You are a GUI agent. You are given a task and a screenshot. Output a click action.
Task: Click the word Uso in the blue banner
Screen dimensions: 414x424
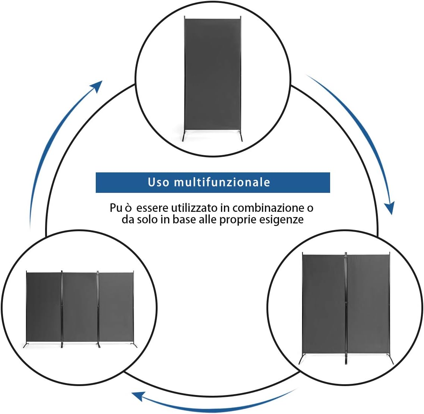(x=159, y=182)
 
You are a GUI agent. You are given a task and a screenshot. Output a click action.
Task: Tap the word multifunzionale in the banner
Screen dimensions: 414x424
(x=222, y=182)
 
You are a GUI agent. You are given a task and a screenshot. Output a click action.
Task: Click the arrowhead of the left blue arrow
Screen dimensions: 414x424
(x=97, y=86)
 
